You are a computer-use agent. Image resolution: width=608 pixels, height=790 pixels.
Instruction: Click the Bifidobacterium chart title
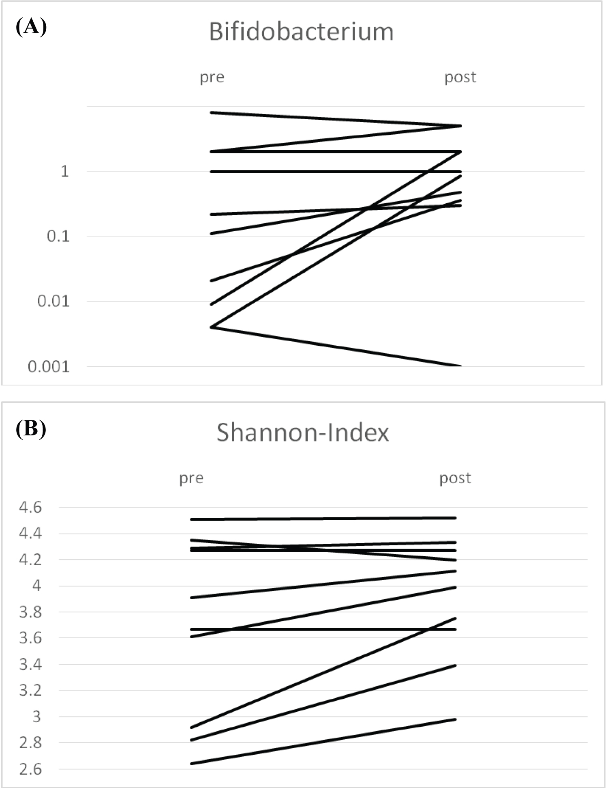pos(301,32)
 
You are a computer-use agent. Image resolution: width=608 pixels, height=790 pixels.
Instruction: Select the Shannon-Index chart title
pos(302,433)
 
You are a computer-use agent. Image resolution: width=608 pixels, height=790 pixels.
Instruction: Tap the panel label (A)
pos(31,28)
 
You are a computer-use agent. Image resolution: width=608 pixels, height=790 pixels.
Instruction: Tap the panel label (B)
pos(31,428)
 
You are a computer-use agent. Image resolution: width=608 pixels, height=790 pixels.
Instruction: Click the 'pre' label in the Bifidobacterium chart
pos(212,77)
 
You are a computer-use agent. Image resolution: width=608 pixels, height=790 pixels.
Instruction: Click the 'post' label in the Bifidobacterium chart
pos(460,77)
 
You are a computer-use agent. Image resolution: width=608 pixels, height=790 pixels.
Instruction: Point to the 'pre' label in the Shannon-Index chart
pos(191,479)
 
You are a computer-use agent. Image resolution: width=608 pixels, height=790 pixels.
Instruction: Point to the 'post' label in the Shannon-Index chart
pos(455,478)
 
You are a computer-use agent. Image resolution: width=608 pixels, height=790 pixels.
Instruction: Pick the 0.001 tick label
pos(49,367)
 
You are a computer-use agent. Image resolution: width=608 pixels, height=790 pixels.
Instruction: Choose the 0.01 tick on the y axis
pos(54,301)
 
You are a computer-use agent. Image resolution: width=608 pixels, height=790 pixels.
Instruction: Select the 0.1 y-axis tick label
pos(58,236)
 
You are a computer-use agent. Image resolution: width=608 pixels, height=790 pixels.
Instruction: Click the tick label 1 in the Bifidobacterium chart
pos(65,171)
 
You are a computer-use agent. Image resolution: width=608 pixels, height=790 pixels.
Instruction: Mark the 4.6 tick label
pos(30,507)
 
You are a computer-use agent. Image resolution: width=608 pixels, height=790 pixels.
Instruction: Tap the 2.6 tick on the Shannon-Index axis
pos(30,769)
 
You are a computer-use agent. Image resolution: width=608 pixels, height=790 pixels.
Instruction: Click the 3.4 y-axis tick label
pos(30,665)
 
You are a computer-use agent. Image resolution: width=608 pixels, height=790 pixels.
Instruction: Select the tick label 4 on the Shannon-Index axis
pos(36,586)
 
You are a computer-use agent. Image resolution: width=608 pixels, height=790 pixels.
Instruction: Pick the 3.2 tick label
pos(30,691)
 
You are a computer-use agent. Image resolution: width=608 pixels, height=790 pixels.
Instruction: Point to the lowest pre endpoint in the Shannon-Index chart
pos(191,764)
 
